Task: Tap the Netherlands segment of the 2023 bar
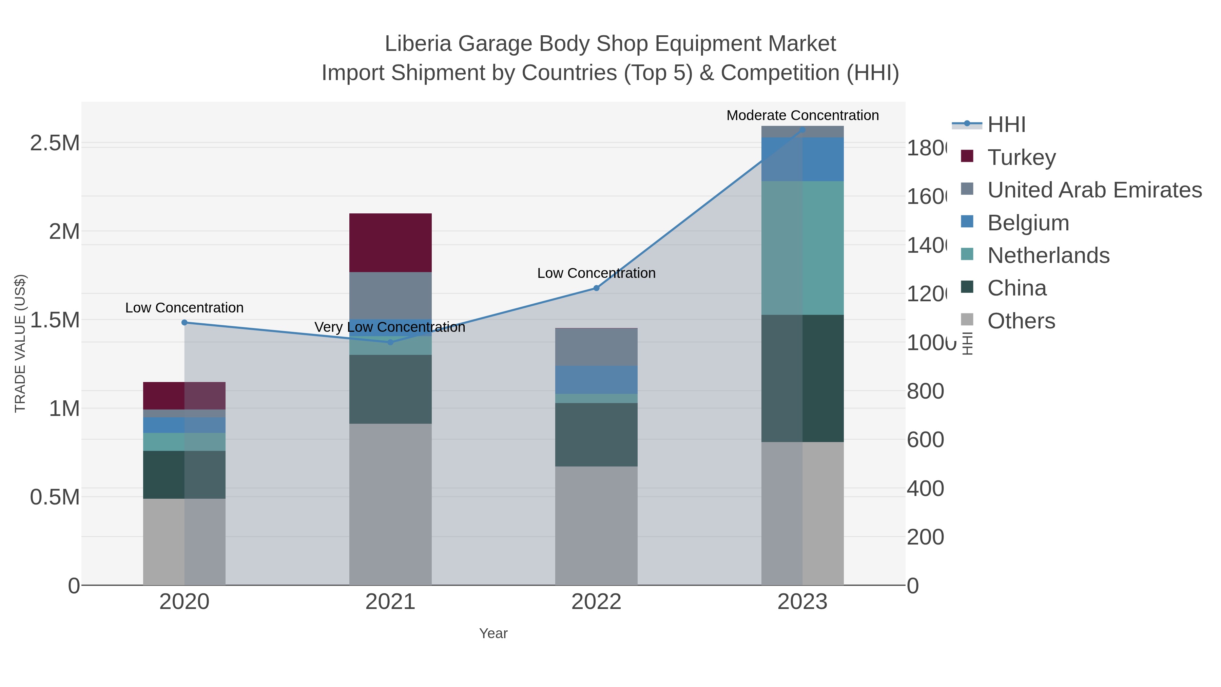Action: pos(802,248)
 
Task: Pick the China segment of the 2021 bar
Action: pos(390,389)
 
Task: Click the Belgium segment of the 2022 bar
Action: pos(596,379)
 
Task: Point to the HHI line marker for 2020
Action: pos(185,322)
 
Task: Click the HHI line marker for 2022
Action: pos(596,288)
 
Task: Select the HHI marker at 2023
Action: pos(802,130)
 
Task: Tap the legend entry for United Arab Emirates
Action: pos(1094,190)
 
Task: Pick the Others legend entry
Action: pos(1021,321)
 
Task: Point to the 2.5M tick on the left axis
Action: pos(55,143)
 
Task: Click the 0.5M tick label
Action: pos(55,497)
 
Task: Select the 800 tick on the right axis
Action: pos(925,391)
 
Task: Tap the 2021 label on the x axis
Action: pos(390,602)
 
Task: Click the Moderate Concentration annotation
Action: pos(802,115)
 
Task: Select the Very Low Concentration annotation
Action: pos(390,327)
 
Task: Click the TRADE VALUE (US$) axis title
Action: pos(20,343)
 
